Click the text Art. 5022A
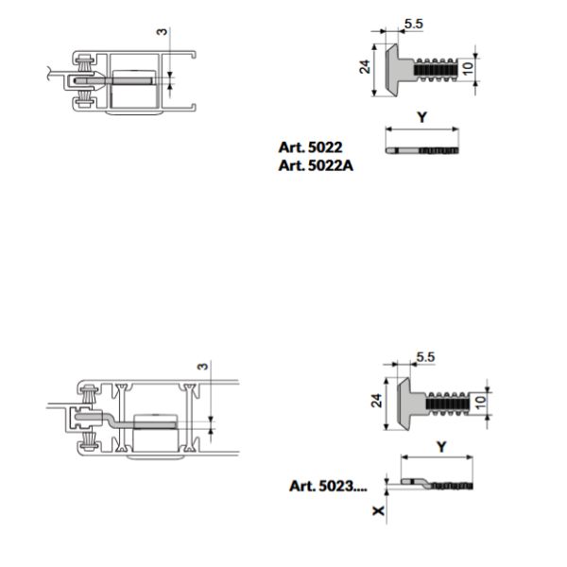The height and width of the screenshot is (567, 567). (x=316, y=165)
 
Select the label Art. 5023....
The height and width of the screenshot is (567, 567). (x=328, y=486)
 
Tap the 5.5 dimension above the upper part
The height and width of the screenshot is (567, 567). (x=414, y=24)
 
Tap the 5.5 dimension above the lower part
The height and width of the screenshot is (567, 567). (x=425, y=357)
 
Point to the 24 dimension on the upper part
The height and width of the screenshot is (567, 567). (x=365, y=67)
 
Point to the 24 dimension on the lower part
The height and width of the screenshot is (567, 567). (x=376, y=401)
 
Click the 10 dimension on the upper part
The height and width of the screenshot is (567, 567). (x=468, y=68)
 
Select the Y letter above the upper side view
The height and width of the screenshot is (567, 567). (x=421, y=117)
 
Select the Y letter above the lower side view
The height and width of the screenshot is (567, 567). (x=441, y=447)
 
